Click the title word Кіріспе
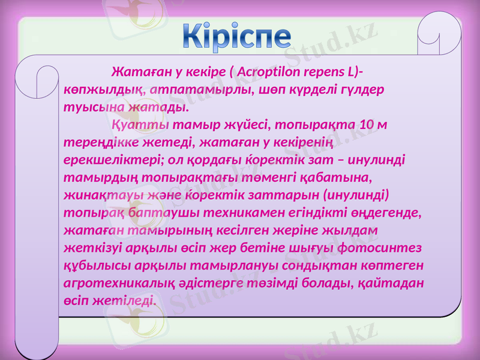[238, 37]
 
